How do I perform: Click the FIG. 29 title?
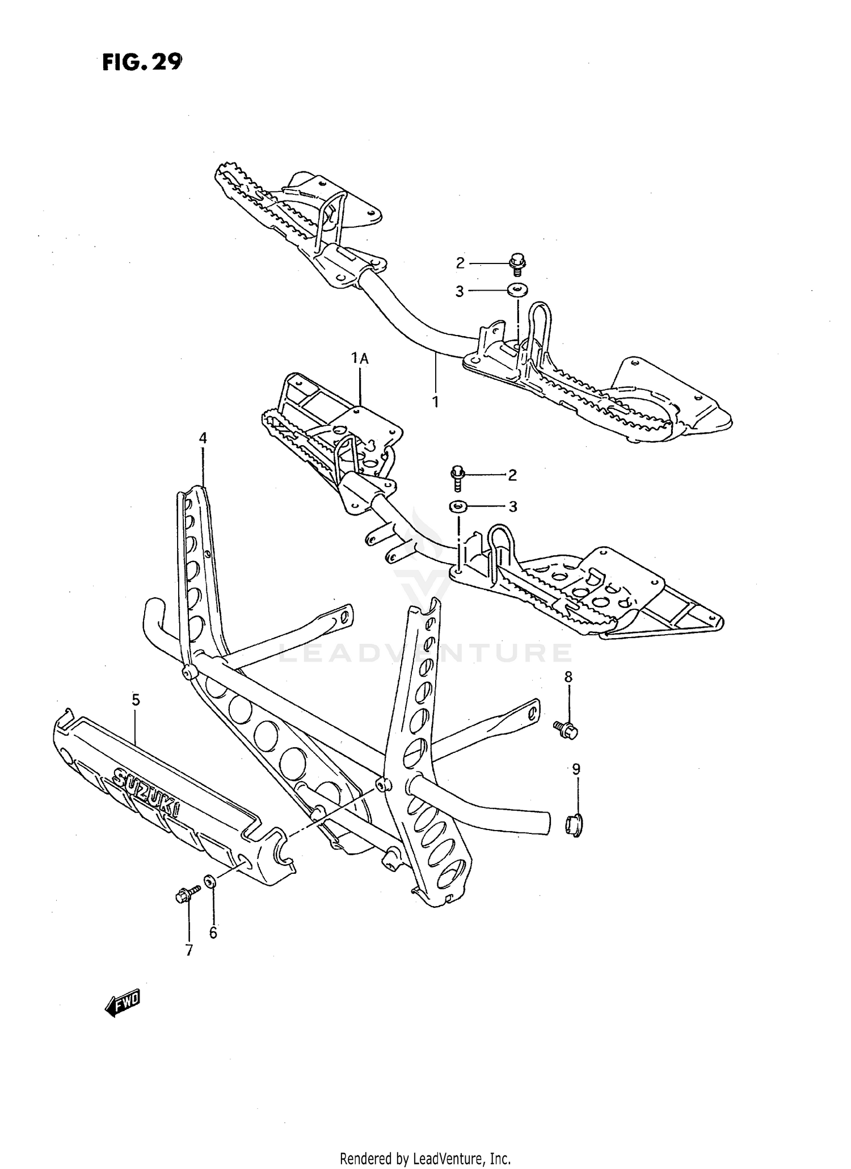(142, 62)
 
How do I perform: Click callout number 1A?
(360, 358)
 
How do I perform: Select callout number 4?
(203, 438)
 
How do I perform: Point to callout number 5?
(136, 700)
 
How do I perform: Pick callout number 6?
(213, 933)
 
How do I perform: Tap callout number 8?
(568, 677)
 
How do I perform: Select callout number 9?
(576, 769)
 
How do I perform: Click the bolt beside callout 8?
(566, 730)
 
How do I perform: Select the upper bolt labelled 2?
(517, 264)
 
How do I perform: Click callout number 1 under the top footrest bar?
(435, 401)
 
